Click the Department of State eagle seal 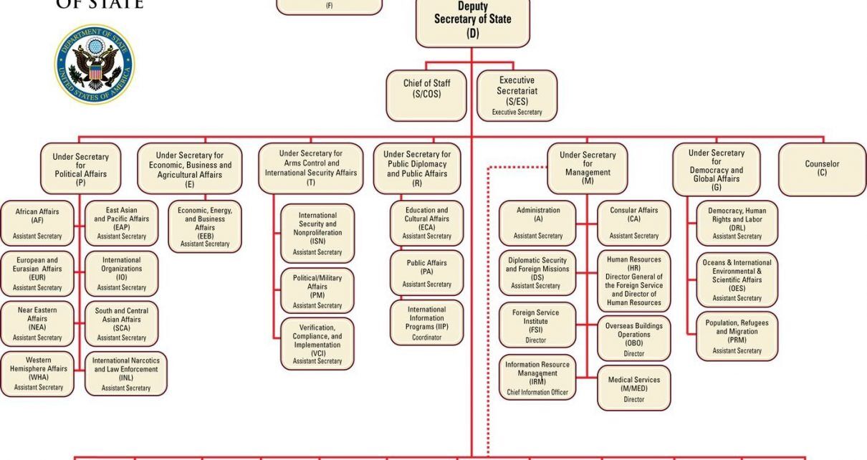(x=94, y=64)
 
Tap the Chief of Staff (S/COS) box (x=427, y=95)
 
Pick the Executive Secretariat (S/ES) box (x=517, y=95)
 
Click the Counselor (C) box (x=821, y=168)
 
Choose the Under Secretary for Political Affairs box (x=80, y=169)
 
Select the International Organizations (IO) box (x=122, y=273)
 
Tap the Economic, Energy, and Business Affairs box (x=205, y=226)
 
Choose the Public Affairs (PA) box (x=427, y=273)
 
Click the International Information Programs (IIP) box (x=427, y=322)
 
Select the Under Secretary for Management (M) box (x=587, y=168)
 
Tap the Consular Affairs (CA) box (x=634, y=223)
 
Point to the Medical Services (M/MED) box (x=634, y=388)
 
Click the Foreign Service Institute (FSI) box (x=537, y=326)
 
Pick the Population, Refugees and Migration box (x=737, y=336)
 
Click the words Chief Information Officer (x=537, y=392)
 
